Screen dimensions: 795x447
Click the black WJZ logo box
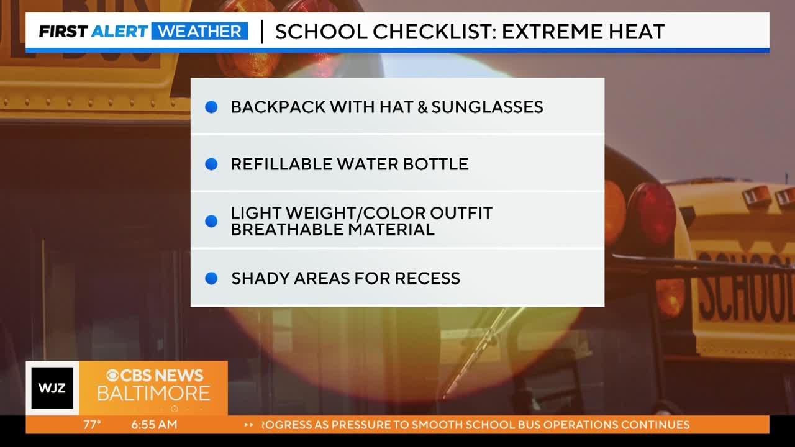click(52, 388)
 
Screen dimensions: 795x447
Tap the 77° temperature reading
click(93, 425)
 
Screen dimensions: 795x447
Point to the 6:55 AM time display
click(154, 425)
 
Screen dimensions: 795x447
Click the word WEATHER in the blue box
click(200, 31)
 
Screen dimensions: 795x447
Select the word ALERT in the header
click(119, 31)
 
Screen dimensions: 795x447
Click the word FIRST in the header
click(63, 31)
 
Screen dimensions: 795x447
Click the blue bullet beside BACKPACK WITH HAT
click(211, 107)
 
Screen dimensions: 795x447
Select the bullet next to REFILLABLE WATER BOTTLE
click(211, 164)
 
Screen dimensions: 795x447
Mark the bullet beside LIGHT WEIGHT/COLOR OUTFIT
click(211, 221)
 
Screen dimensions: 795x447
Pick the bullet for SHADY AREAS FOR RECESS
click(211, 279)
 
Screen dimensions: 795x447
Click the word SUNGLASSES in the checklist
click(488, 107)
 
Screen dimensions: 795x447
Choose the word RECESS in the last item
click(427, 279)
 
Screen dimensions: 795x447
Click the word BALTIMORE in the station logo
click(153, 394)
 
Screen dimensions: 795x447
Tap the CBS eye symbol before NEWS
click(113, 376)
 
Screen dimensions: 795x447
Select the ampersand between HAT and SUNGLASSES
click(422, 107)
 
